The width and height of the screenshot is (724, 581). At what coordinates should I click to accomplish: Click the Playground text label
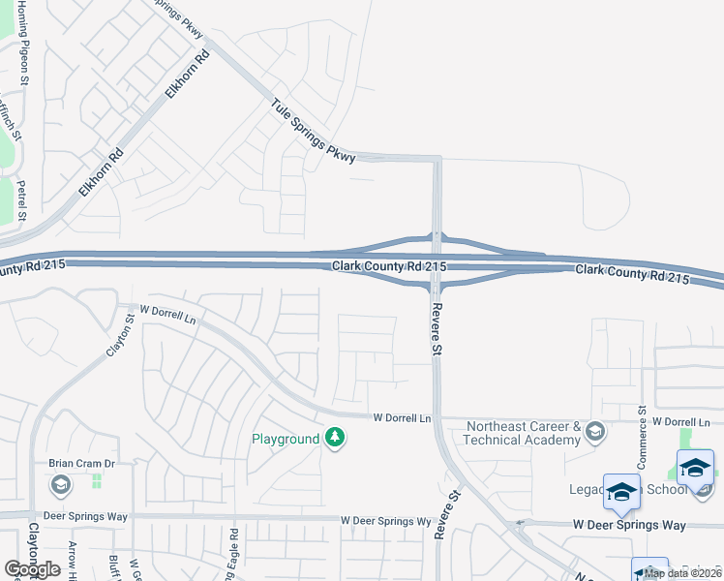click(286, 439)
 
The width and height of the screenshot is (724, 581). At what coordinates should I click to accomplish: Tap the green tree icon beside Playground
click(335, 439)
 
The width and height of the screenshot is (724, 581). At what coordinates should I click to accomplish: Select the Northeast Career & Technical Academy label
click(523, 432)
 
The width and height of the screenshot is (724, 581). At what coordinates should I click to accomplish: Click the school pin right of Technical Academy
click(595, 432)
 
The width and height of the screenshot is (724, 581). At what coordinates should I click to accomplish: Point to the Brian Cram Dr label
click(81, 464)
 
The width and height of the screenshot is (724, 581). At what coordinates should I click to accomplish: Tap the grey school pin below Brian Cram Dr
click(60, 484)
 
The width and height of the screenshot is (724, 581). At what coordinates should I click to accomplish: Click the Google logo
click(32, 569)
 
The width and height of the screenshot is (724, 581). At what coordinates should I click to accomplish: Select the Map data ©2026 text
click(682, 573)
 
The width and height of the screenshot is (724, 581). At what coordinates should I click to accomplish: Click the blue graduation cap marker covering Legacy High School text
click(621, 491)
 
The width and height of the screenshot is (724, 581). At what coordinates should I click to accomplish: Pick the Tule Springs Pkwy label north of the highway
click(314, 132)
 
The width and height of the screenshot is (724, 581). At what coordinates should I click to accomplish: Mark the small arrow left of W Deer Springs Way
click(520, 525)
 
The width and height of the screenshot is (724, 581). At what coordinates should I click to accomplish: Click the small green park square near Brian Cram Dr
click(96, 480)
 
